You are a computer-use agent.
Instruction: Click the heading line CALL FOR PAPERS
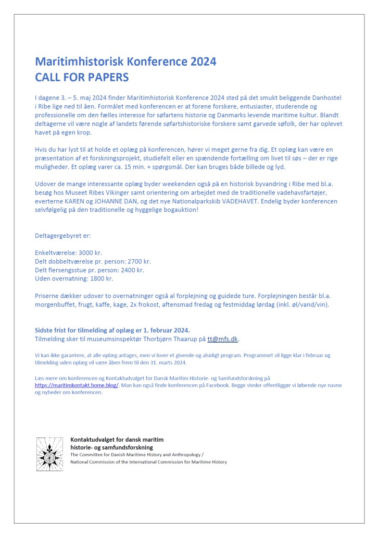(x=82, y=77)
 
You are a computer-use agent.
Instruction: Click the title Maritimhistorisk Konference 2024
(x=125, y=62)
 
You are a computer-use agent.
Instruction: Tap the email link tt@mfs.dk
(x=222, y=339)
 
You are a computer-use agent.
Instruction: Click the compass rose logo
(x=49, y=451)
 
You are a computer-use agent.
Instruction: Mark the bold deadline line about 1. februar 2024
(x=112, y=330)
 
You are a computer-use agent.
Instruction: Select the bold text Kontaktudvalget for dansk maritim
(x=117, y=440)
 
